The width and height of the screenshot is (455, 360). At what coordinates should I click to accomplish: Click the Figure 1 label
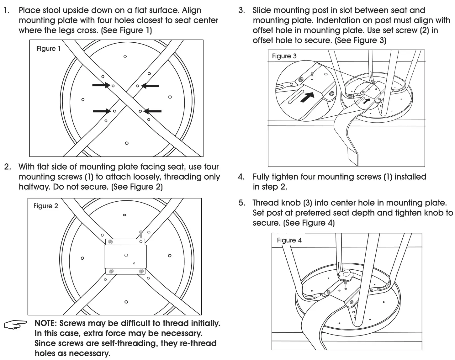[49, 49]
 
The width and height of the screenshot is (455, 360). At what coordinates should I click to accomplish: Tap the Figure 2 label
[46, 206]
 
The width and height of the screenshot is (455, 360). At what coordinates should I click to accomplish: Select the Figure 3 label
[284, 56]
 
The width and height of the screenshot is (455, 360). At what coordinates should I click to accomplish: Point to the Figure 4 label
[289, 240]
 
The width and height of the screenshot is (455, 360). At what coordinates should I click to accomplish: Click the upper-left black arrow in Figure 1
[101, 85]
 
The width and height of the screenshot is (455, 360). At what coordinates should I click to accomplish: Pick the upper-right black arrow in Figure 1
[150, 85]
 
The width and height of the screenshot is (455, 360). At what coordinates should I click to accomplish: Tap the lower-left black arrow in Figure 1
[102, 111]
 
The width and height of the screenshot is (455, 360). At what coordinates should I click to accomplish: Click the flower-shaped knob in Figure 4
[346, 276]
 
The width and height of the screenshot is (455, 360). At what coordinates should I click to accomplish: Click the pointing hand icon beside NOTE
[15, 324]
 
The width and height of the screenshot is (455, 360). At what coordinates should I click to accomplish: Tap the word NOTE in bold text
[45, 323]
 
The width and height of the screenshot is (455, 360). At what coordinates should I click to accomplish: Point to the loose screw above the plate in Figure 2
[141, 234]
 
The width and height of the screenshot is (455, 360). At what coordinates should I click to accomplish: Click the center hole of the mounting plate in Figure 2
[126, 255]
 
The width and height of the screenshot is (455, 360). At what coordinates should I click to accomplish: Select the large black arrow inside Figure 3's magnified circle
[308, 97]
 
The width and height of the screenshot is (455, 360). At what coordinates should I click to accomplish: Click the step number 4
[241, 177]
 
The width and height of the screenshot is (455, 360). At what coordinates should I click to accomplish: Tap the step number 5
[241, 203]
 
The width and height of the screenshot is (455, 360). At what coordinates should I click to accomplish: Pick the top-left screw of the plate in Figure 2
[110, 241]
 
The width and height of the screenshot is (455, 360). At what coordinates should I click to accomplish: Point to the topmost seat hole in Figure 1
[125, 57]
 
